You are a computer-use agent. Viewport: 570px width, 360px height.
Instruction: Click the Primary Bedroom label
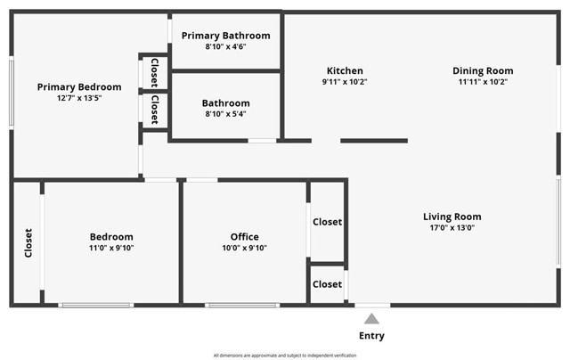point(79,87)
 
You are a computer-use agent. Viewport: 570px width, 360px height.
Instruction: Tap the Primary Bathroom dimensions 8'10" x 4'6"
point(225,46)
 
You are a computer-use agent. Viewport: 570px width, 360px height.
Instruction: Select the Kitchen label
point(345,70)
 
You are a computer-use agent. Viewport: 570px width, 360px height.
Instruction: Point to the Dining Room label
point(483,71)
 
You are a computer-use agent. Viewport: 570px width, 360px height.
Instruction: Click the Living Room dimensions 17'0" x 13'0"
point(452,227)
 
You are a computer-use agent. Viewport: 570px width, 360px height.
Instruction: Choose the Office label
point(245,237)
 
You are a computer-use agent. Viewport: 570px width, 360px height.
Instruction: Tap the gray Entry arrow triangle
point(371,319)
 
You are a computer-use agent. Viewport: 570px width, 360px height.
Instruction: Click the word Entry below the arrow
point(371,336)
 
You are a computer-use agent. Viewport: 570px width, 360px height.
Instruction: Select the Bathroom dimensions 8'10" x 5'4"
point(225,114)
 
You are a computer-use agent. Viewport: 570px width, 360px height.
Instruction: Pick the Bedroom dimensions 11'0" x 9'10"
point(111,248)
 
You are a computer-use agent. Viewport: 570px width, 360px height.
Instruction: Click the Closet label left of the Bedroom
point(28,243)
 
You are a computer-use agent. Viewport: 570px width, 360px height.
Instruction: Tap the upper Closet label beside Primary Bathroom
point(154,73)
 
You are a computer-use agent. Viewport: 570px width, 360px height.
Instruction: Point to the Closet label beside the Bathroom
point(154,110)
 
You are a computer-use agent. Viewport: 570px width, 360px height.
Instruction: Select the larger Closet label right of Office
point(327,222)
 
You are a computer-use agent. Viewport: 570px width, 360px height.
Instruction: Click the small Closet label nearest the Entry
point(327,284)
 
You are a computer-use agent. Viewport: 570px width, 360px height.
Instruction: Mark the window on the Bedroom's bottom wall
point(96,305)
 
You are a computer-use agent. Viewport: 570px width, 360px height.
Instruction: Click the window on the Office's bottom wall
point(242,305)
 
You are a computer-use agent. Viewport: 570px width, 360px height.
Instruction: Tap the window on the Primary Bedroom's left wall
point(12,93)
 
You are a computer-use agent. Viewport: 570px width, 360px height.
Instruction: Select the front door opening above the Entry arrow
point(372,305)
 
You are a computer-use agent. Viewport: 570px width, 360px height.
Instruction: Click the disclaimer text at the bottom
point(285,356)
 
